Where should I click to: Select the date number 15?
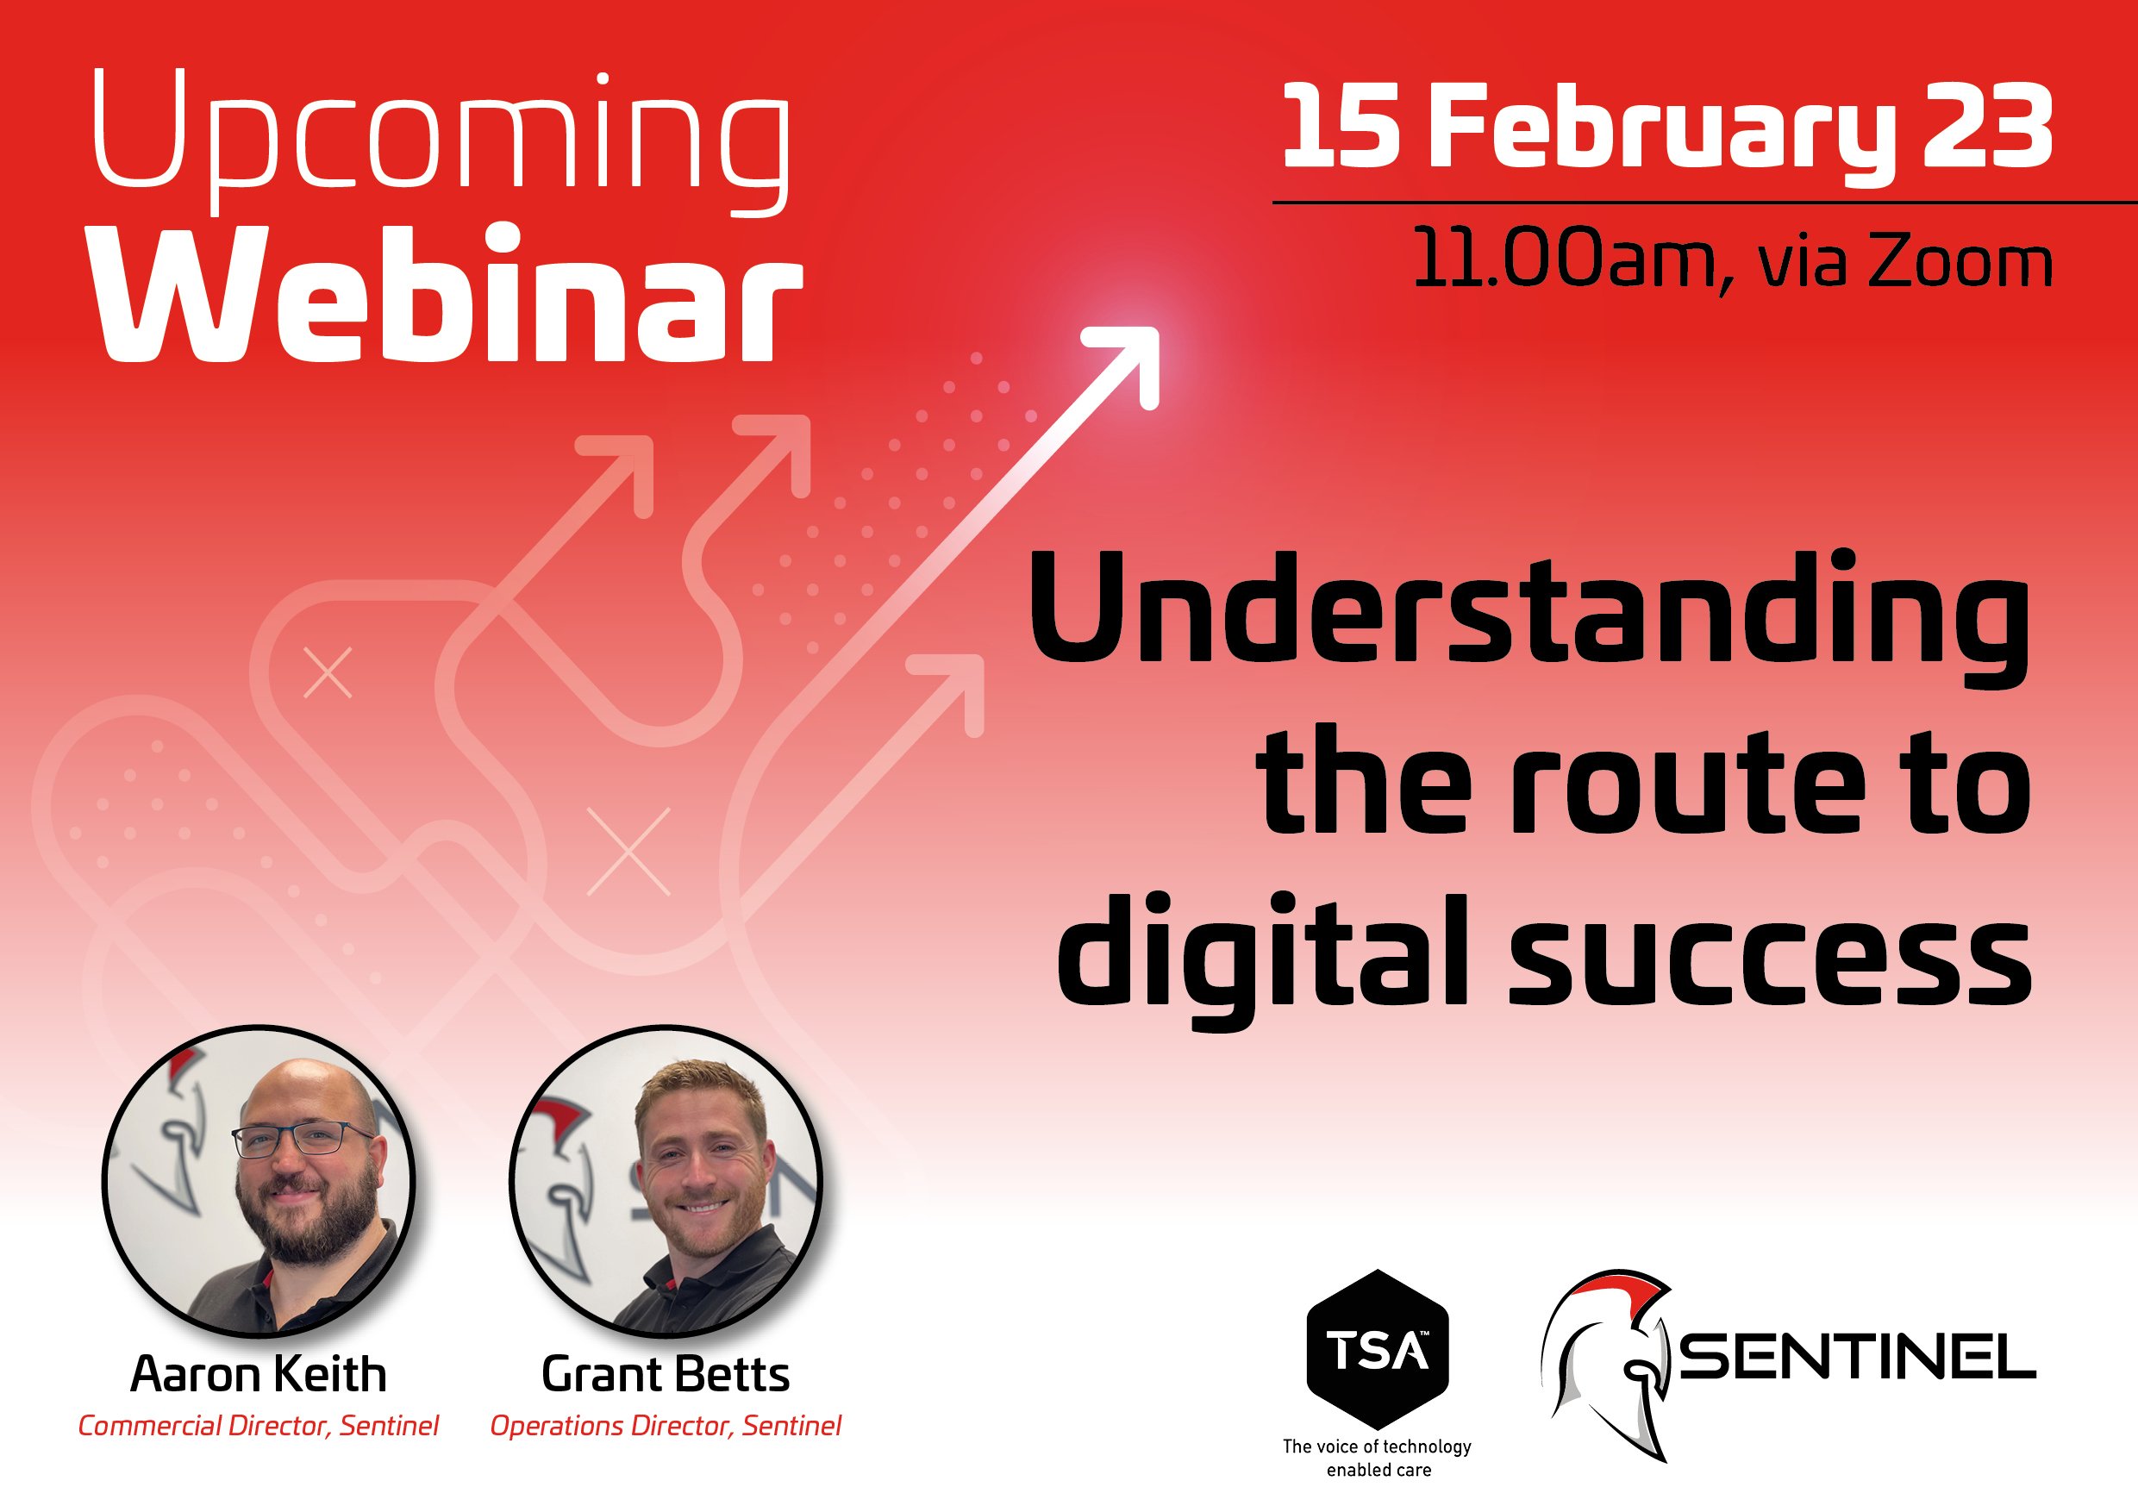point(1341,128)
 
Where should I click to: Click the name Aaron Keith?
point(258,1374)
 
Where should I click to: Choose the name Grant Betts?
point(666,1374)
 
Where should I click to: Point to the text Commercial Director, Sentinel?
point(258,1426)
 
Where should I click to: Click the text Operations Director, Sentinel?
point(666,1426)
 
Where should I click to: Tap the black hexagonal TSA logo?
point(1378,1349)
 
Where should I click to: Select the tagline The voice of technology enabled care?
point(1378,1458)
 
